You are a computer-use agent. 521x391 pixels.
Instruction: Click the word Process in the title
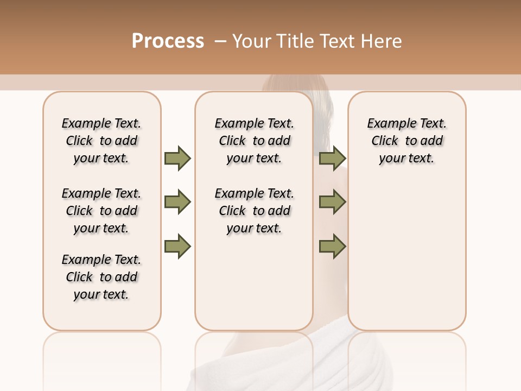point(168,41)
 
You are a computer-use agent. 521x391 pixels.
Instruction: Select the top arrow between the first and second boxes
point(177,158)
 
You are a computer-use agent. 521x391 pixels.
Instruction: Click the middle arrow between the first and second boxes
point(177,203)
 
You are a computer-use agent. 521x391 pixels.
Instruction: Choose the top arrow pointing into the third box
point(332,158)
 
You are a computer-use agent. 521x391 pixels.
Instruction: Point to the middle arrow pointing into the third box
point(332,203)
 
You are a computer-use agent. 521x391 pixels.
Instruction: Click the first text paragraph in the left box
point(101,141)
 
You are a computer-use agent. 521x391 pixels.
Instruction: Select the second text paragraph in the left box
point(101,211)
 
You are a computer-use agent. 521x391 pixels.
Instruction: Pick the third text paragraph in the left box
point(101,277)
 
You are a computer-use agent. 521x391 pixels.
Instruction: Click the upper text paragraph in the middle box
point(255,141)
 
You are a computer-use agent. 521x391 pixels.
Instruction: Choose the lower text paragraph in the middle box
point(255,211)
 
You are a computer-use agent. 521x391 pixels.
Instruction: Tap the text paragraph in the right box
point(407,141)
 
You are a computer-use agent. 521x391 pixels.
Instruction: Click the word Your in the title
point(252,41)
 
